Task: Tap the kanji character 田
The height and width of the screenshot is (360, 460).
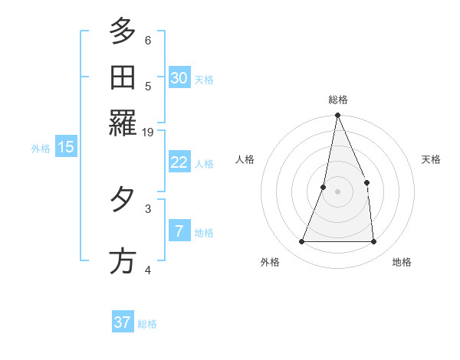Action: point(123,78)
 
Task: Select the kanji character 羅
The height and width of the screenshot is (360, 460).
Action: point(123,123)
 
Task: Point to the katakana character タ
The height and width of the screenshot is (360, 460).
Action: point(123,201)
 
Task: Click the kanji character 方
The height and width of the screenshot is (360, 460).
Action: point(123,261)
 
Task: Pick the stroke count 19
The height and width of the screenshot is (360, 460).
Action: point(149,133)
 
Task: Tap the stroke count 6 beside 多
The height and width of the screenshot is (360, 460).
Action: point(148,41)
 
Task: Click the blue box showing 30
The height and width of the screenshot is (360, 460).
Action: point(179,77)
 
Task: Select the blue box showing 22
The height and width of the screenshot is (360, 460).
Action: point(179,162)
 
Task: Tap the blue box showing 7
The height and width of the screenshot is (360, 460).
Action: point(179,231)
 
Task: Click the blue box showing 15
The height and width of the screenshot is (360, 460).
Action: point(66,147)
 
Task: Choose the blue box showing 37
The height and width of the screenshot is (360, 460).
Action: point(123,322)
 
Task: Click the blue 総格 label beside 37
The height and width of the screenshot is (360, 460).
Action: point(147,324)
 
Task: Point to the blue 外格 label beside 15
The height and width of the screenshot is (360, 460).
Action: point(41,149)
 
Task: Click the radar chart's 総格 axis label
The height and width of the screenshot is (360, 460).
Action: point(338,100)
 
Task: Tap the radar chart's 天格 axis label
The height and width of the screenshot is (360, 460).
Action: point(432,159)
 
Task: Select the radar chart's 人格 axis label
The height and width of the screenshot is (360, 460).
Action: point(245,159)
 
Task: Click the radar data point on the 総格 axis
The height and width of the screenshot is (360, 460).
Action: point(337,116)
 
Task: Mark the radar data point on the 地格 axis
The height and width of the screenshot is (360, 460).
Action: point(374,242)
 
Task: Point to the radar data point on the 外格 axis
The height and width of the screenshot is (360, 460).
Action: point(301,242)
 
